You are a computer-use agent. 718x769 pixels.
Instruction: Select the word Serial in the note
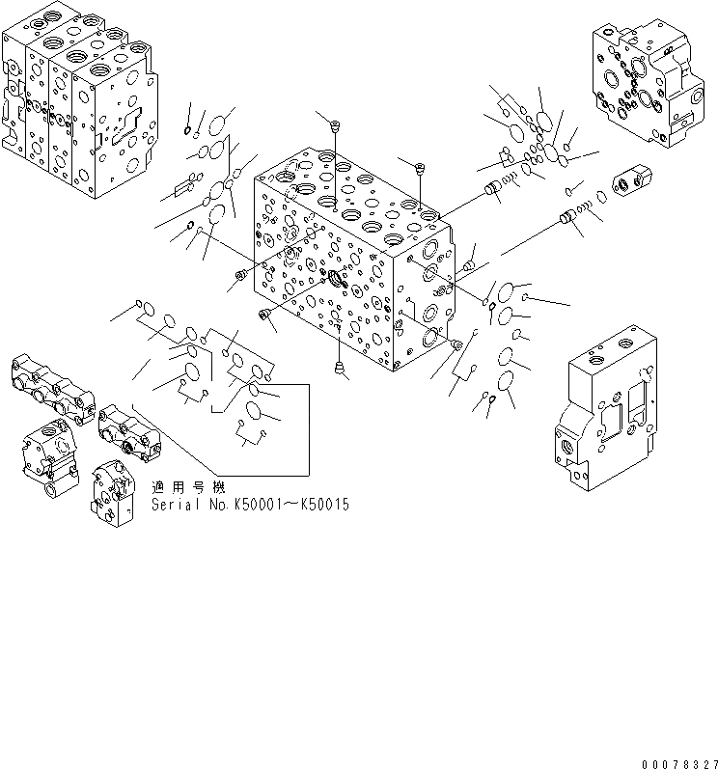[172, 505]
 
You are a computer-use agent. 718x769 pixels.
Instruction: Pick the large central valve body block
[352, 261]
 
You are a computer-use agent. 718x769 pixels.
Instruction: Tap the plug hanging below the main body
[339, 366]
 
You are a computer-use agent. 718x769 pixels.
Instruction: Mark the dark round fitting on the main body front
[338, 281]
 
